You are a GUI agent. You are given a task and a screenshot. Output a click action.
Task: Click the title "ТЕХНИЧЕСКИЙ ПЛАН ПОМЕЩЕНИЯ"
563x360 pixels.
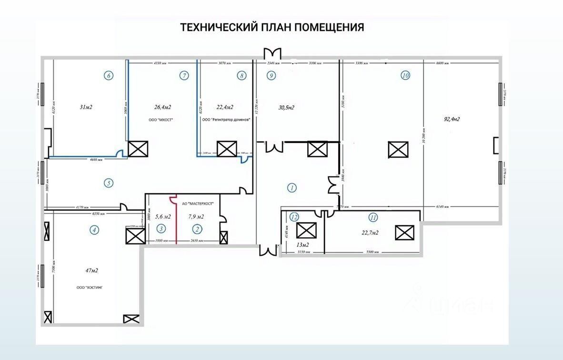click(x=272, y=27)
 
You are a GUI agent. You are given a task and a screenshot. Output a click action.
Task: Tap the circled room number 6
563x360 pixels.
click(x=109, y=75)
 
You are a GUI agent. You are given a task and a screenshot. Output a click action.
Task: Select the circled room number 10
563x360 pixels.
click(x=405, y=75)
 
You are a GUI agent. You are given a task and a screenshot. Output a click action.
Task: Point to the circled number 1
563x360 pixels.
click(x=292, y=188)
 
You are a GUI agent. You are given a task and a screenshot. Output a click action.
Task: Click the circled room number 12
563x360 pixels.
click(x=294, y=217)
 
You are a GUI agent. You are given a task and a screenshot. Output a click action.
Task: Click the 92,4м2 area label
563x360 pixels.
click(x=451, y=119)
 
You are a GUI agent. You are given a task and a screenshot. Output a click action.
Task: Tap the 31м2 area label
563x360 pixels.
click(x=86, y=107)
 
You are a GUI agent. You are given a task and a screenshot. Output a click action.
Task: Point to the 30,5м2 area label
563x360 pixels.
click(x=286, y=107)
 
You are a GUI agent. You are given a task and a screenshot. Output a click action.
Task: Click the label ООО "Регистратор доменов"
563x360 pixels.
click(x=226, y=120)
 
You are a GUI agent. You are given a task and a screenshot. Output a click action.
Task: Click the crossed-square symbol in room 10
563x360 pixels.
click(x=398, y=150)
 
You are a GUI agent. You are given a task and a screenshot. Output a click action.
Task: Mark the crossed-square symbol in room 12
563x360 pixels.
click(x=306, y=230)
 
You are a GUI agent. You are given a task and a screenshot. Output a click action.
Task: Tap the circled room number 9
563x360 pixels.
click(x=271, y=75)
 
